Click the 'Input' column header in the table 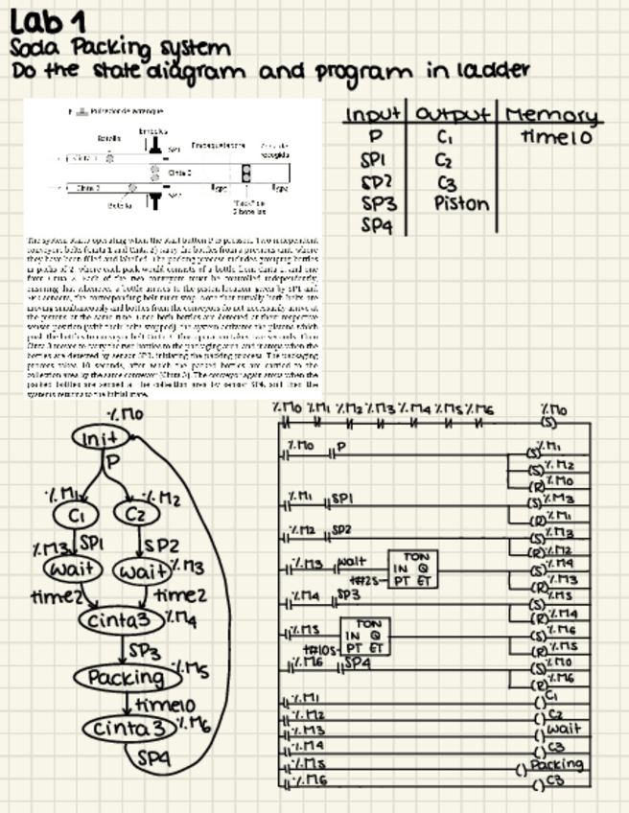point(376,114)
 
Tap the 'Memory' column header point(551,115)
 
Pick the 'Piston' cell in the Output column point(461,203)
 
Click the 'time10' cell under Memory point(556,137)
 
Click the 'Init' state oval point(100,438)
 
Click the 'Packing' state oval point(128,677)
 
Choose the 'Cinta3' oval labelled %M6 point(128,730)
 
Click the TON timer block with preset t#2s point(411,569)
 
